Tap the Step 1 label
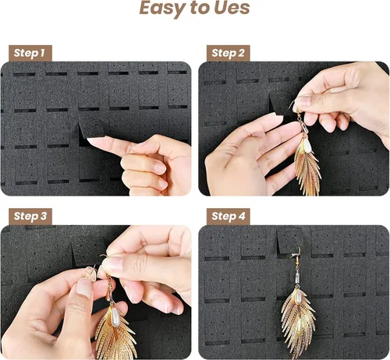coord(30,53)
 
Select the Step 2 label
coord(228,53)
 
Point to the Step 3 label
coord(30,216)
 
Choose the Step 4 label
coord(228,216)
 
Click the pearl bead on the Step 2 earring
coord(307,146)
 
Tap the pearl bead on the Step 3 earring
coord(115,318)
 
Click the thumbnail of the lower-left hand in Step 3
coord(83,288)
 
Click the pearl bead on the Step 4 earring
coord(298,297)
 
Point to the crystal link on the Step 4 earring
coord(298,276)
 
